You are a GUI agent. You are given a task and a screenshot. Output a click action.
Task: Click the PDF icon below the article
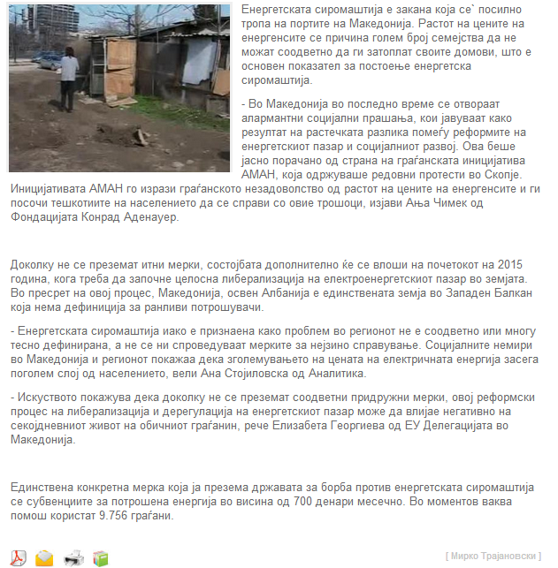point(18,557)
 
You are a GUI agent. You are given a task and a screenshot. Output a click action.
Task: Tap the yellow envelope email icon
point(44,557)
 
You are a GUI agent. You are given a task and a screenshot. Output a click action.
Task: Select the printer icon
point(73,557)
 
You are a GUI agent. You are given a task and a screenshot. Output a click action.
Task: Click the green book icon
point(100,557)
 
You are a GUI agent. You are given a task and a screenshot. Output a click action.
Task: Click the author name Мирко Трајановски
point(494,556)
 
